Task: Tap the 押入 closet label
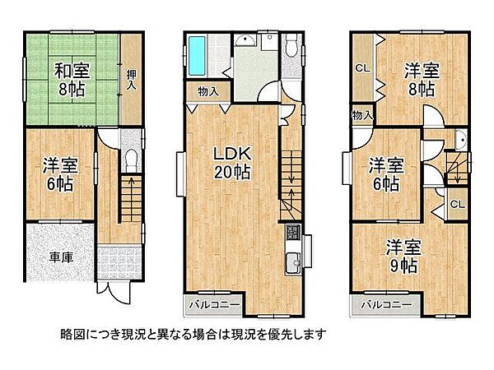coord(132,79)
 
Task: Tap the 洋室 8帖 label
coord(419,81)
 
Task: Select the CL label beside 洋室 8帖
coord(361,68)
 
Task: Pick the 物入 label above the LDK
coord(207,92)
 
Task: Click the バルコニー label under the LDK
coord(212,304)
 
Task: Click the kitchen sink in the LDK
coord(292,265)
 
